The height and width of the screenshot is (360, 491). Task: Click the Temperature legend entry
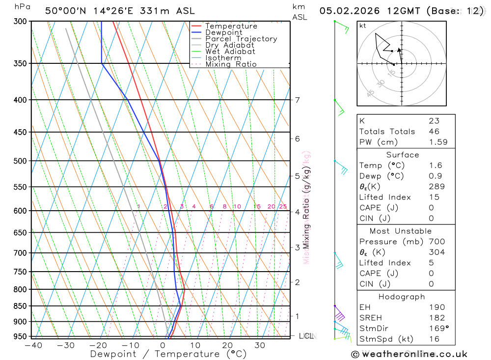(231, 26)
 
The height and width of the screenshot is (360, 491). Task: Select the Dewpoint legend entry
(223, 32)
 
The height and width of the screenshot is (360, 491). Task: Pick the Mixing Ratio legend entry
(231, 64)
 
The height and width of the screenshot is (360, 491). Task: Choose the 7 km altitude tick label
(298, 100)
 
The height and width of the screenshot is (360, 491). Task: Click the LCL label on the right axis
(306, 336)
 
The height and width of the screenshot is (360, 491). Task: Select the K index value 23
(434, 121)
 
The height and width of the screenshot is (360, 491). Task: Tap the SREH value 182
(437, 318)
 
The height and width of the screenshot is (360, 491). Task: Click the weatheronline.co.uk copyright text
(409, 354)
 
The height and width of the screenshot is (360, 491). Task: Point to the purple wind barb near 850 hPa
(339, 315)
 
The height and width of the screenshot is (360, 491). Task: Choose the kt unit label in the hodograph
(363, 26)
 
